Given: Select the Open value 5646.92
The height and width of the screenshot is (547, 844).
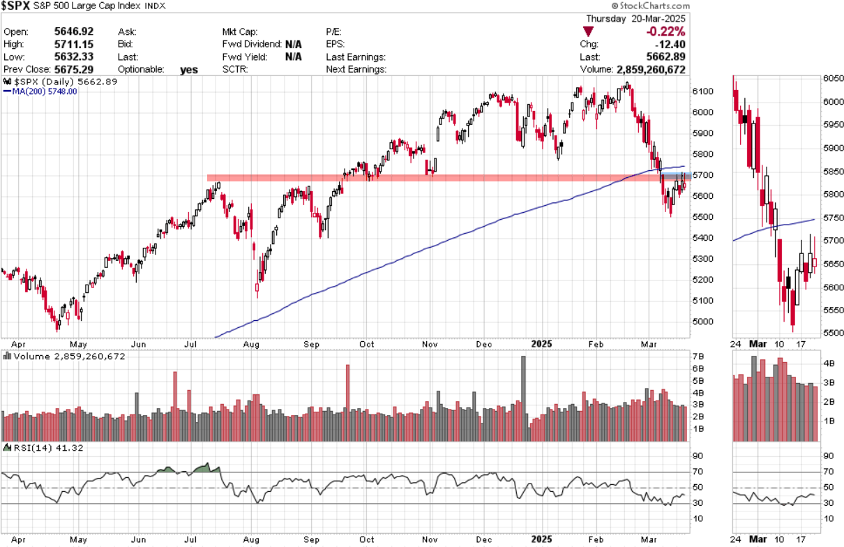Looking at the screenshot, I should coord(73,31).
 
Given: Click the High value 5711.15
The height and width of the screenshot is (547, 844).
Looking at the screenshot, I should coord(73,44).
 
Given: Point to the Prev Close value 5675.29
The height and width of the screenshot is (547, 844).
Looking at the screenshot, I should coord(73,69).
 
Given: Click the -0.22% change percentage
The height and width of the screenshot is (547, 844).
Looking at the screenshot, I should coord(665,31).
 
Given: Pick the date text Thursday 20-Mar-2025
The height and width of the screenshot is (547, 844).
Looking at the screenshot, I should coord(635,19).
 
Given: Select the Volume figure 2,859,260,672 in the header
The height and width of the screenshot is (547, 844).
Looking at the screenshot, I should coord(651,70).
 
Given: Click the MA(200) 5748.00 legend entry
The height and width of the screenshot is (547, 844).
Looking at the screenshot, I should coord(42,91).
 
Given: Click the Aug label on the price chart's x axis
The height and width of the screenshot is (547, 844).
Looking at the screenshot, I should coord(252,344).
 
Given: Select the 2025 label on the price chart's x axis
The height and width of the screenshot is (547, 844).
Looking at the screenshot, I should coord(541,344).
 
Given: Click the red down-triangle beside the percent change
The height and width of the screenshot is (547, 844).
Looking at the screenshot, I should coord(589,31).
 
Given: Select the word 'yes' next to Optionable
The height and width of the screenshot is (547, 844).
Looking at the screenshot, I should coord(188,69).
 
